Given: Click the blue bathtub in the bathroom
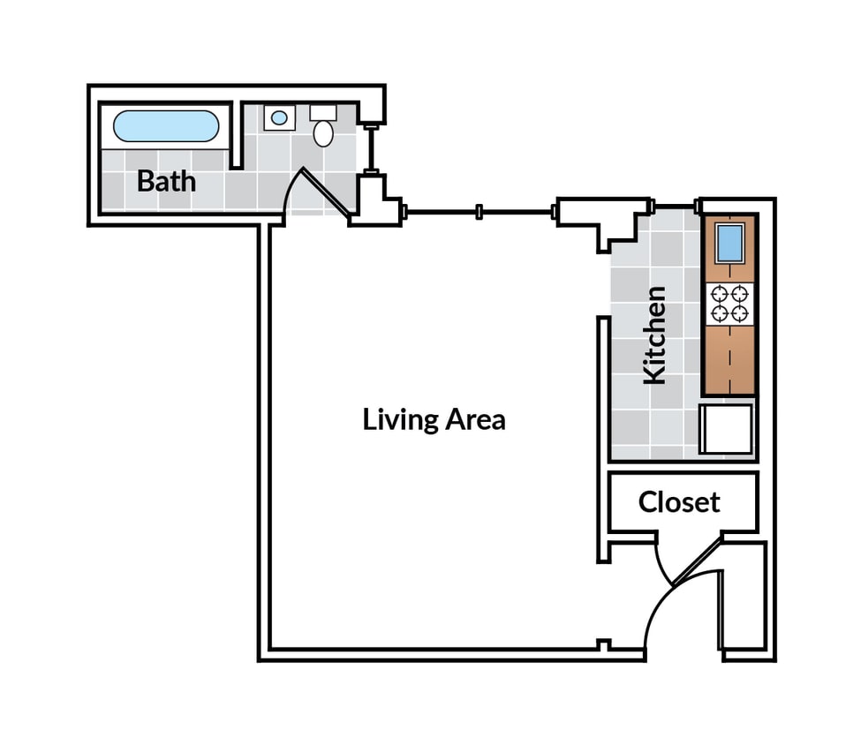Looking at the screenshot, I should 166,126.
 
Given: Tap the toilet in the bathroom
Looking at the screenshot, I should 324,132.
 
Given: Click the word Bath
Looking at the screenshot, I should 166,182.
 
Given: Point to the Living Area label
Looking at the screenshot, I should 434,419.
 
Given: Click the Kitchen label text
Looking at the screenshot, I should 654,335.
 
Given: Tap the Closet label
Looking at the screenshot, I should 679,502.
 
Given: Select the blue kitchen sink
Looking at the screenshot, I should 729,243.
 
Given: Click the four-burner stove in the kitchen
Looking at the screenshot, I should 729,304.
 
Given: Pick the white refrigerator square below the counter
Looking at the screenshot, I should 726,428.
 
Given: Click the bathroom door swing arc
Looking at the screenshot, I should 296,190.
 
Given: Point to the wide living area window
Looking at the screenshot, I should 479,212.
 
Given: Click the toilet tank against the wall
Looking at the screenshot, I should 323,113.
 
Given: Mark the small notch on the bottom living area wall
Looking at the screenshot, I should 603,644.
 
